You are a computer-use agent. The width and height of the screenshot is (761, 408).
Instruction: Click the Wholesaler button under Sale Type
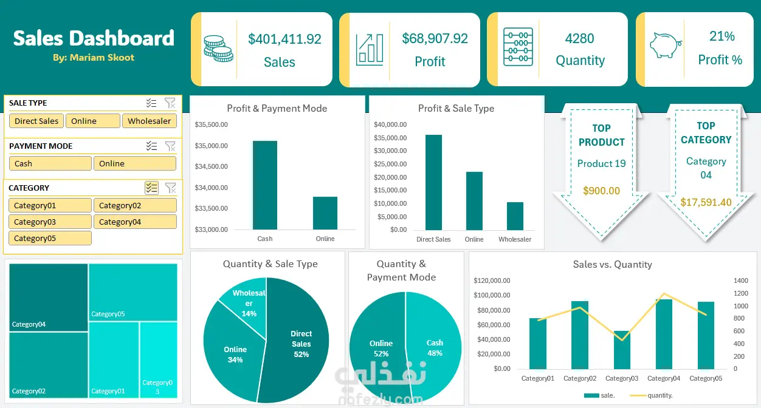click(x=150, y=121)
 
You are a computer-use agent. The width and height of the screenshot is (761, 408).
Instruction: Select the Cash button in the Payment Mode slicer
click(x=50, y=163)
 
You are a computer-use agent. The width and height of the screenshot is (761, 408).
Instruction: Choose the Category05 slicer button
click(x=50, y=238)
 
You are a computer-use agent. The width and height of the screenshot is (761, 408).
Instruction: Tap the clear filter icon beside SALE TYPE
click(x=170, y=103)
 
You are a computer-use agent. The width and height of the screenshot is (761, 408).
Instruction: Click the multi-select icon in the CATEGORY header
click(x=151, y=188)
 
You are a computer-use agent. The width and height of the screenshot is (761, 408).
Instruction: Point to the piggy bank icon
click(x=665, y=46)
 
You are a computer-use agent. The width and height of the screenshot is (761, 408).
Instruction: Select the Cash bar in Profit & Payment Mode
click(x=264, y=185)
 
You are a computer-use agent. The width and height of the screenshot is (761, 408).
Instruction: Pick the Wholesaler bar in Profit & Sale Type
click(x=515, y=216)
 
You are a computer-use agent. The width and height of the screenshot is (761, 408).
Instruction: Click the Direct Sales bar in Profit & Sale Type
click(x=434, y=183)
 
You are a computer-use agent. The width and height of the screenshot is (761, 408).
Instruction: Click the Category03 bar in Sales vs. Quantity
click(x=622, y=350)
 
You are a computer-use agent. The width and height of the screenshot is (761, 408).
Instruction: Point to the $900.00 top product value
click(x=601, y=191)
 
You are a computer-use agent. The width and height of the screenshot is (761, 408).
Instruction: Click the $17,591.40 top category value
click(x=706, y=202)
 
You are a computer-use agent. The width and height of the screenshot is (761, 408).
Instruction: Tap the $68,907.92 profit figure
click(x=435, y=39)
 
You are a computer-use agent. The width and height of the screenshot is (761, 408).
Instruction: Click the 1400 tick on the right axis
click(x=740, y=280)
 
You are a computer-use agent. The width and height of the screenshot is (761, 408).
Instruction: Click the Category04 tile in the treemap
click(x=48, y=297)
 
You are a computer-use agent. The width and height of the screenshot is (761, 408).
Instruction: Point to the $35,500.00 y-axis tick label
click(x=211, y=124)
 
